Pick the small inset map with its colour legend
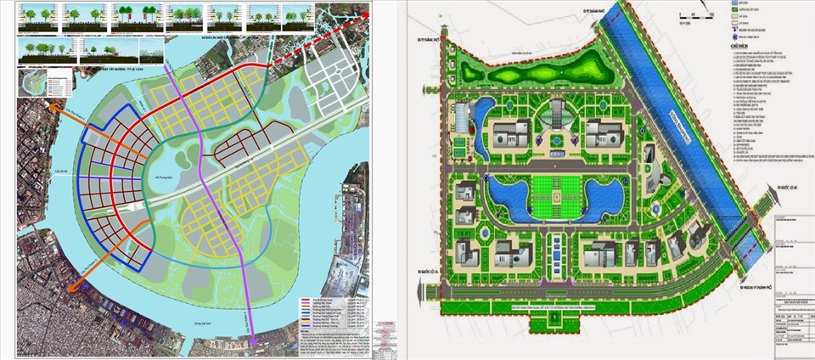pyautogui.click(x=41, y=84)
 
